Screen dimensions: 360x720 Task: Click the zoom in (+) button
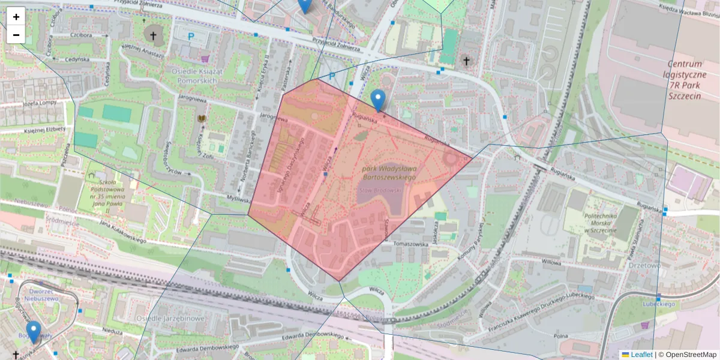(16, 17)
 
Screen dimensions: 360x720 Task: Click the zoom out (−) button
(16, 35)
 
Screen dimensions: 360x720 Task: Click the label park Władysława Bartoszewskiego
(389, 173)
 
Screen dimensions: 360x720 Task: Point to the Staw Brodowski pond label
(380, 189)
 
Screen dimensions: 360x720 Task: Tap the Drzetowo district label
(645, 265)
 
